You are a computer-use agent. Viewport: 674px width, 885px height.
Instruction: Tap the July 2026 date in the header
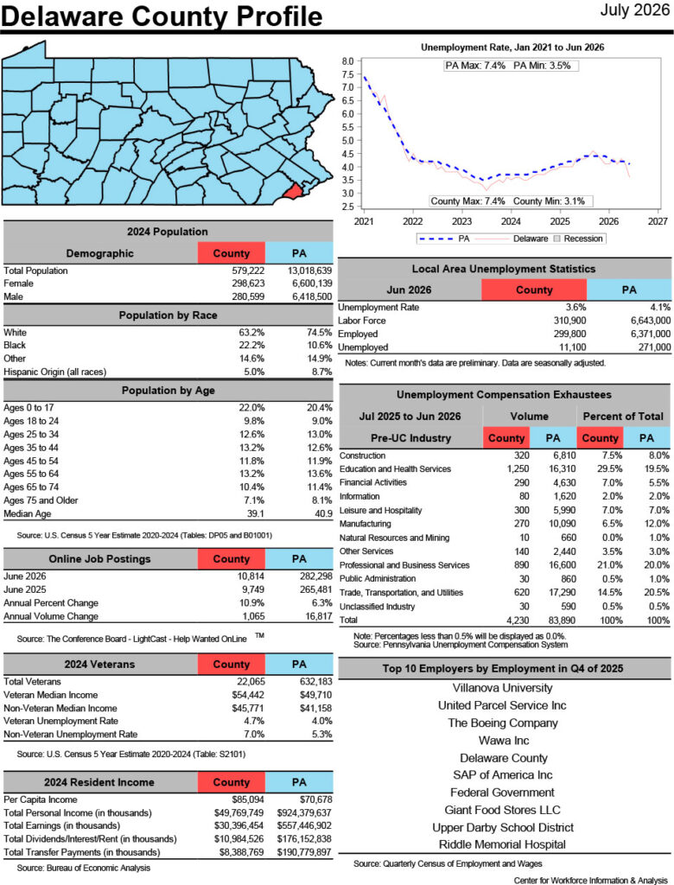(634, 10)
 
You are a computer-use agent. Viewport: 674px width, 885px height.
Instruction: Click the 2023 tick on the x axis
(461, 221)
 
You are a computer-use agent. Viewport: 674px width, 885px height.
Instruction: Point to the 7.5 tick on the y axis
(347, 74)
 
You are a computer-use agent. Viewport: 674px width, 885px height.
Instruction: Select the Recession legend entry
(578, 239)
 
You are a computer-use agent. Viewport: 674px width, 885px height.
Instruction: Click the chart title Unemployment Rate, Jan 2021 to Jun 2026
(512, 48)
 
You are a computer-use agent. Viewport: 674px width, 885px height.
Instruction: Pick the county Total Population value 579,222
(248, 271)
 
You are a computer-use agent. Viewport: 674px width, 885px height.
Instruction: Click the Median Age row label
(27, 513)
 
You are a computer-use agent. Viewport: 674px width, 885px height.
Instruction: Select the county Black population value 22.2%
(251, 345)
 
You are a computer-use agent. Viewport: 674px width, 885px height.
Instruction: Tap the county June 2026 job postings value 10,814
(251, 576)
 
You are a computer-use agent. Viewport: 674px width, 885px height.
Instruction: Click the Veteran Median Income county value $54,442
(248, 695)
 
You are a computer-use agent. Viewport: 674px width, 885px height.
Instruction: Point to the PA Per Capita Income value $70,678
(315, 799)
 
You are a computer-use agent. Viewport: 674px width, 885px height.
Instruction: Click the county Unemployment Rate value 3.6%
(575, 307)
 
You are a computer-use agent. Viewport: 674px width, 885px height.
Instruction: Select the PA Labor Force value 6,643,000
(651, 321)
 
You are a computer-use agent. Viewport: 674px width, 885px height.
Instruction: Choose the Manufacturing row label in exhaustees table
(365, 524)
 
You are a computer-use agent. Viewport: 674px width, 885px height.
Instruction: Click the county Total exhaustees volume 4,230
(518, 620)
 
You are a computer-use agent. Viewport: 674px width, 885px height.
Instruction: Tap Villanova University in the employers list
(502, 688)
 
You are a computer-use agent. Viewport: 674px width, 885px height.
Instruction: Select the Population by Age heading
(168, 391)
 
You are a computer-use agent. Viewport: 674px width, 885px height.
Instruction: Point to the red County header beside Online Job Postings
(232, 559)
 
